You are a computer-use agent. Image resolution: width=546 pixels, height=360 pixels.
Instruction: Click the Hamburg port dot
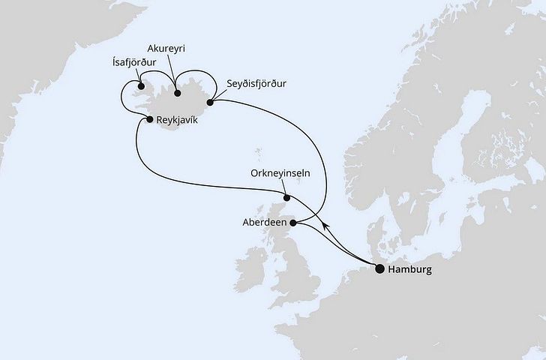coord(379,268)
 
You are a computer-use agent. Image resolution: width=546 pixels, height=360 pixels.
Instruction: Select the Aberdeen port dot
coord(293,223)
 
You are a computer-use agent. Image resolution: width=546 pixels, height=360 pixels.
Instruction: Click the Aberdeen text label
coord(264,223)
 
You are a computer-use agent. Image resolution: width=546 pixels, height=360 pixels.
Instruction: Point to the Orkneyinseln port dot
coord(286,199)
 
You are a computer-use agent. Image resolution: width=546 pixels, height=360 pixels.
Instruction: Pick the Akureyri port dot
coord(177,94)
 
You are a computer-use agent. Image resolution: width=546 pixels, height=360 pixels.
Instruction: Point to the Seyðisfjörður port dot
coord(211,103)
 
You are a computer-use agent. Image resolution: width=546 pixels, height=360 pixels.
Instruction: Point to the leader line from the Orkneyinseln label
coord(280,187)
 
